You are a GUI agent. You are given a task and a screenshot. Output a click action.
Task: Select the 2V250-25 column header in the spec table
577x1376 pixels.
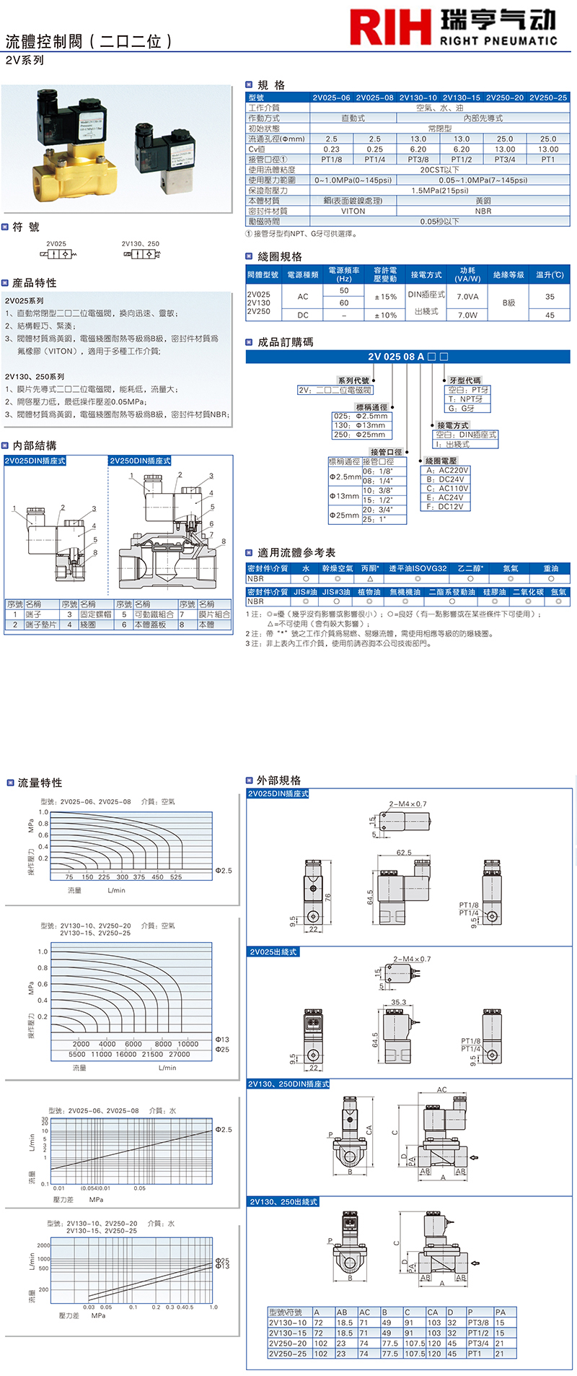pyautogui.click(x=548, y=97)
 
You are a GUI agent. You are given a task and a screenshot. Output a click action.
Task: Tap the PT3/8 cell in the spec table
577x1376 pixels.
pyautogui.click(x=418, y=160)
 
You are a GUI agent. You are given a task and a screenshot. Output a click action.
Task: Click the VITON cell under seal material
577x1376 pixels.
pyautogui.click(x=353, y=212)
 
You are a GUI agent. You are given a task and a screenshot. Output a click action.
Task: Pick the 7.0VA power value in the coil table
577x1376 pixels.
pyautogui.click(x=467, y=297)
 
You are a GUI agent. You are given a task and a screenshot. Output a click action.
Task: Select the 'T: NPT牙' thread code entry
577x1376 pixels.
pyautogui.click(x=465, y=399)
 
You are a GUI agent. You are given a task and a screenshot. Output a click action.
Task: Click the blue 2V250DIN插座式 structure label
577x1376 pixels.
pyautogui.click(x=140, y=461)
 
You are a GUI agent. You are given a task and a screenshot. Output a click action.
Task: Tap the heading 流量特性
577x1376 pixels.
pyautogui.click(x=40, y=783)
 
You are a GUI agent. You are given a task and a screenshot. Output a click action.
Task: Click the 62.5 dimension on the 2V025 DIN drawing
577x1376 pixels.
pyautogui.click(x=404, y=853)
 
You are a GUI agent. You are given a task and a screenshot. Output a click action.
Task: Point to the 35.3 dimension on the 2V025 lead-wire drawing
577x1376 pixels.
pyautogui.click(x=399, y=1002)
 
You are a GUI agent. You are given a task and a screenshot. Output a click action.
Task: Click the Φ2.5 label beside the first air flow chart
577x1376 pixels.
pyautogui.click(x=224, y=871)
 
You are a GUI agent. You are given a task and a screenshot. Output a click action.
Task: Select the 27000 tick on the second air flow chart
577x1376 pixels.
pyautogui.click(x=179, y=1054)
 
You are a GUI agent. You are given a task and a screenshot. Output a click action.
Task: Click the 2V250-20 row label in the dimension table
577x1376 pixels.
pyautogui.click(x=288, y=1344)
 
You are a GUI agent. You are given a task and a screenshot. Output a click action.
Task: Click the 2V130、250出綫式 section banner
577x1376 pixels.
pyautogui.click(x=283, y=1202)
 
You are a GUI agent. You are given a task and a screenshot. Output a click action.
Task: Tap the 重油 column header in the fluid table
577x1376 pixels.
pyautogui.click(x=550, y=569)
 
